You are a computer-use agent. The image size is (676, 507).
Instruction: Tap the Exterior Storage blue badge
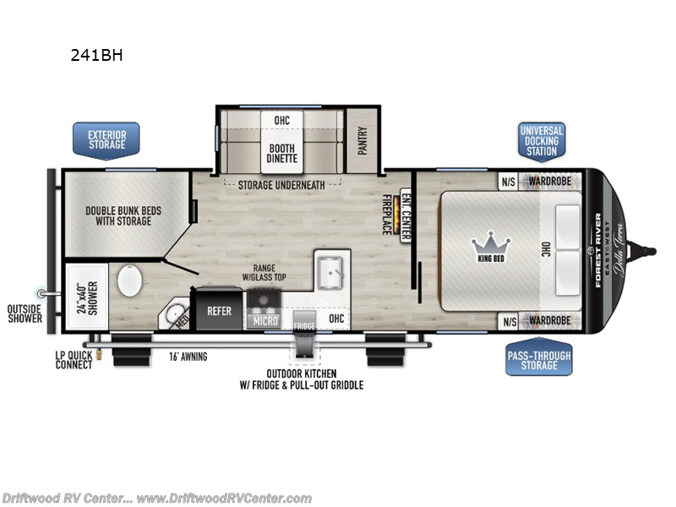pos(107,138)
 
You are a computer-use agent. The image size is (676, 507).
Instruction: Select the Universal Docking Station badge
pos(541,140)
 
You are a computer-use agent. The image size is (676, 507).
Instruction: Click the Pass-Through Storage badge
pos(538,359)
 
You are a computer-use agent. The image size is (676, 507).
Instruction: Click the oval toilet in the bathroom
pos(131,281)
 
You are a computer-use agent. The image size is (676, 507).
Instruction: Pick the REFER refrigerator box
pos(220,311)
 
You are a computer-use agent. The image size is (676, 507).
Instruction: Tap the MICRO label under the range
pos(264,322)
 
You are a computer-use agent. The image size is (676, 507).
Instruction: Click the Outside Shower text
pos(25,313)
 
